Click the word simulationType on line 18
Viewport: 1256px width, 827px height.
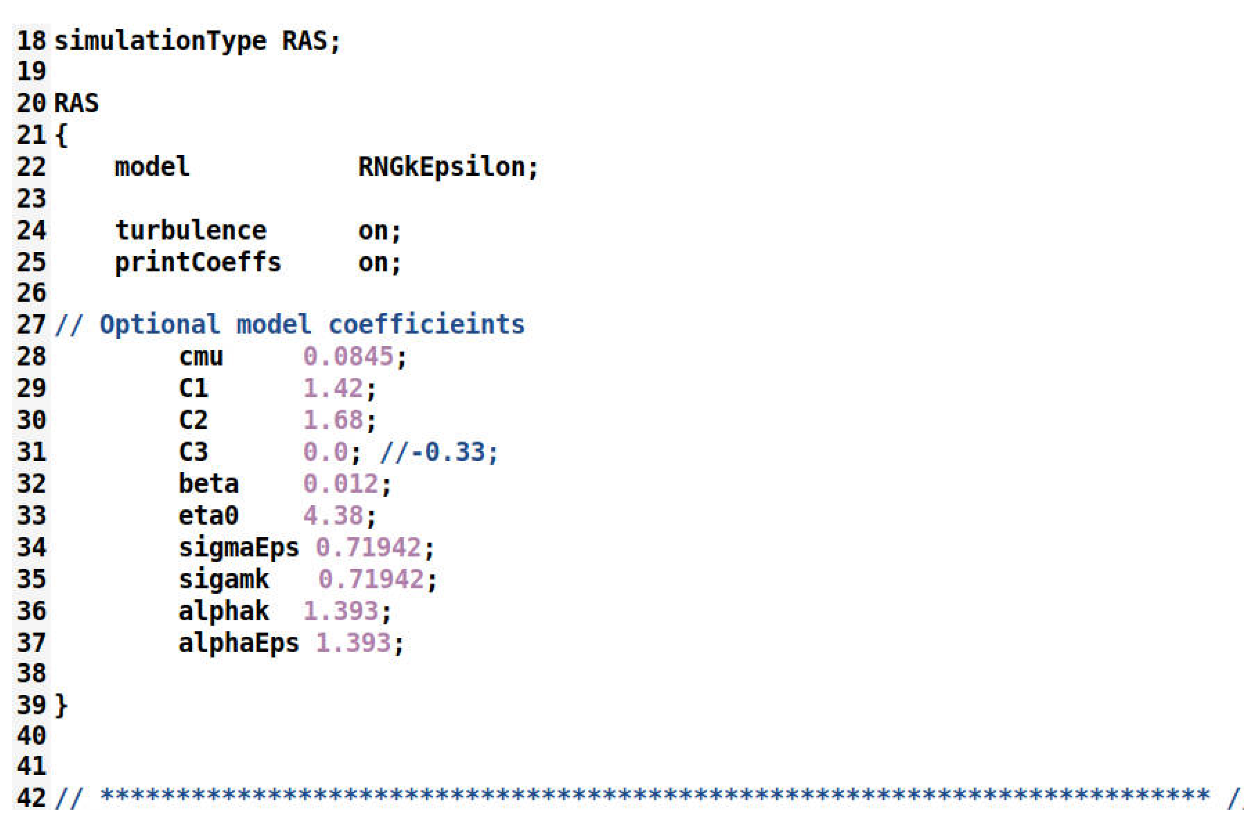160,41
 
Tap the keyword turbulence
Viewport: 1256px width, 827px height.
191,231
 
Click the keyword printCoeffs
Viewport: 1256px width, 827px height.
198,262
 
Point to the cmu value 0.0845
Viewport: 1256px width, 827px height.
348,357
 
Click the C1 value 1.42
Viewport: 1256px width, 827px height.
333,388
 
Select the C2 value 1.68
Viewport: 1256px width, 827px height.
333,420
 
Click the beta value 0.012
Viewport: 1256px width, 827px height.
341,484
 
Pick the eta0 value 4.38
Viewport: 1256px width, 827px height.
333,515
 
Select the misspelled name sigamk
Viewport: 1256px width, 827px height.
224,580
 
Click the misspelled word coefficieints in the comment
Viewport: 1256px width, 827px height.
427,325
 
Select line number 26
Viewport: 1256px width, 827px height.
31,293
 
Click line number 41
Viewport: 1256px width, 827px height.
31,766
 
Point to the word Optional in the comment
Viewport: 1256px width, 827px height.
159,325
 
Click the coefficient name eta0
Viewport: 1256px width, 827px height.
208,515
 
